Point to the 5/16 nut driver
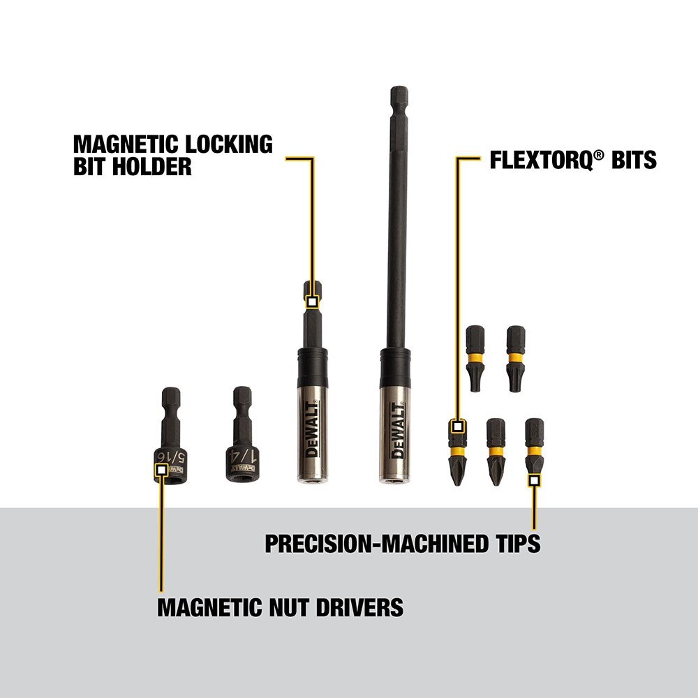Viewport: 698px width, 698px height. pos(170,440)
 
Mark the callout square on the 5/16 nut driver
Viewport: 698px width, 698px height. pos(161,470)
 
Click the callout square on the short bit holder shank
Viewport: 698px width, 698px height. pos(312,302)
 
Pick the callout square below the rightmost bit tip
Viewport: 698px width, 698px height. pos(534,480)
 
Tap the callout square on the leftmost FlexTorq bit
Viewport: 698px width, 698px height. pos(457,425)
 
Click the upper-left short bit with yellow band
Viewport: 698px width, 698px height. pos(475,358)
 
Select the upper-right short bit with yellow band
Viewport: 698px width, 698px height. pos(516,358)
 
